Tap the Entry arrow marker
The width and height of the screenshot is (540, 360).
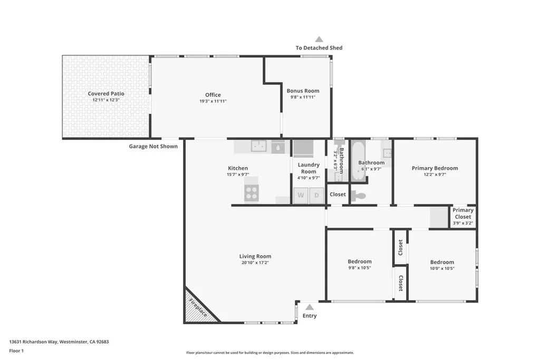310,307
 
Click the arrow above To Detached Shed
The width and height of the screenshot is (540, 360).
319,39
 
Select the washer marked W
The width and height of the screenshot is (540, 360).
301,195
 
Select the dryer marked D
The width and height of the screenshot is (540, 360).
316,195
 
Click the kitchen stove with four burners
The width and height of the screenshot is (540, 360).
252,193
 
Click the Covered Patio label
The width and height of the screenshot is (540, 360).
106,93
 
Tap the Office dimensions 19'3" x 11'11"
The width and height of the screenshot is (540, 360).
213,101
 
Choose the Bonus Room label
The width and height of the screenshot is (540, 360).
303,91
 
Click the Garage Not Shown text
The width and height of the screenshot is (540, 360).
153,146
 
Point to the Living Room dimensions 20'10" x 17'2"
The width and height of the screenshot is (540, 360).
255,262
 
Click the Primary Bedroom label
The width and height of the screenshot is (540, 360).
435,168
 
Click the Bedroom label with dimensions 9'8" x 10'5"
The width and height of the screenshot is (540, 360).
360,261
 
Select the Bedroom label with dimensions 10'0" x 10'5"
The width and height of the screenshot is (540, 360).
442,262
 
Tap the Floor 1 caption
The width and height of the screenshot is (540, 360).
17,350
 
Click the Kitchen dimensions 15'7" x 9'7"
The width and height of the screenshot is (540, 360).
237,174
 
